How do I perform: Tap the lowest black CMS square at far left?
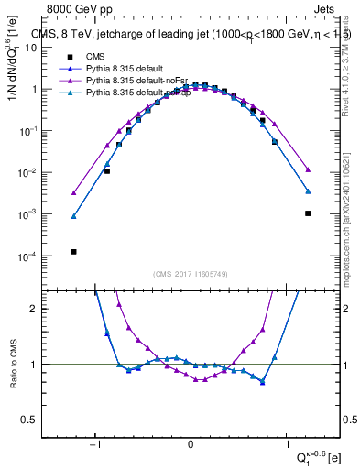point(73,251)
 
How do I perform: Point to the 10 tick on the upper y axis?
point(49,47)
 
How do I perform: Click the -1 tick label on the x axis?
point(97,444)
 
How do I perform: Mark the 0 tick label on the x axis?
point(191,444)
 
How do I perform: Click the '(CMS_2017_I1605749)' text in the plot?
point(191,274)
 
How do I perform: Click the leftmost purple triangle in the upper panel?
point(73,192)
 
